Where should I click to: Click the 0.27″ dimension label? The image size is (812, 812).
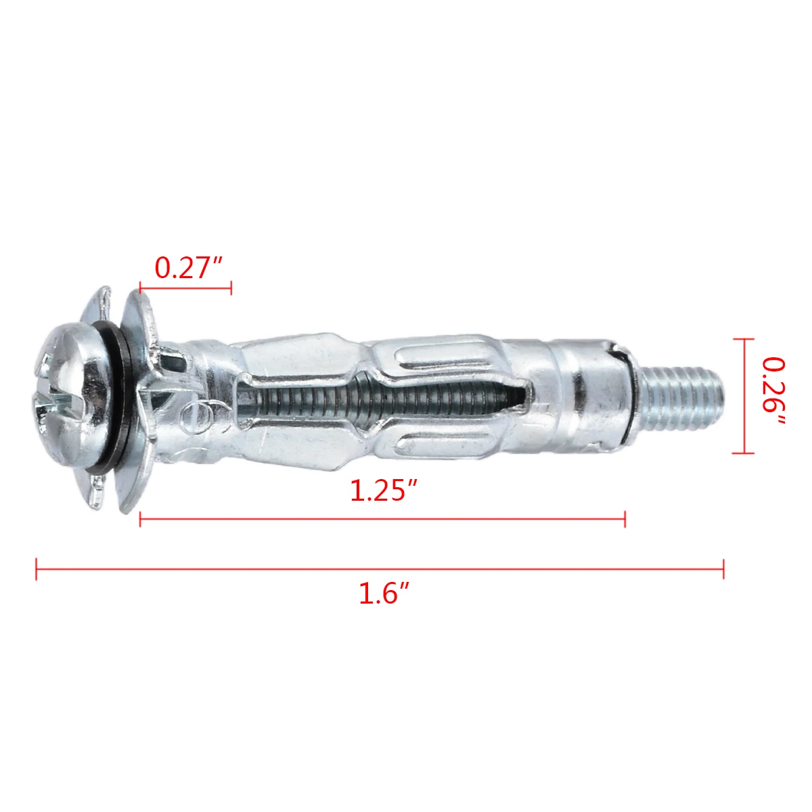[x=189, y=268]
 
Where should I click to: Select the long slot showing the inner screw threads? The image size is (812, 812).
[x=379, y=402]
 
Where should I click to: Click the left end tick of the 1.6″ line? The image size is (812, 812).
[x=37, y=568]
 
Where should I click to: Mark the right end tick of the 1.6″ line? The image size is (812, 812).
[x=723, y=568]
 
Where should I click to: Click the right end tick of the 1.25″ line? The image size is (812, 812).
[x=625, y=519]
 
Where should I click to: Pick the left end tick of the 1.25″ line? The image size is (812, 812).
[x=140, y=519]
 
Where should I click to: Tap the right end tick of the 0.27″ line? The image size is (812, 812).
[x=231, y=288]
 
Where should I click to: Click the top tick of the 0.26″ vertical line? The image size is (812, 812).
[x=743, y=340]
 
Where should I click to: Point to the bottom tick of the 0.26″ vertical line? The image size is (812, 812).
[x=743, y=453]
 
